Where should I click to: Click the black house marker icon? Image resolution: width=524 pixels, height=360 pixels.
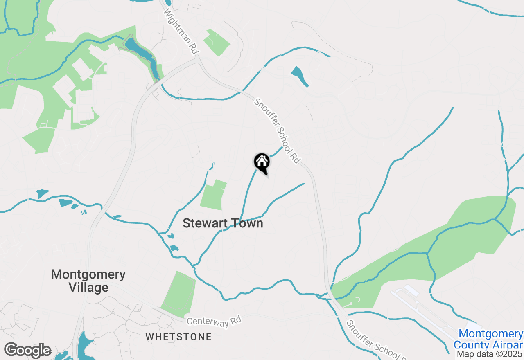262,162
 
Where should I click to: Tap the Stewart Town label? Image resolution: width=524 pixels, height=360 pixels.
223,223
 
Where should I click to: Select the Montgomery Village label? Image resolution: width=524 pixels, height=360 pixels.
88,281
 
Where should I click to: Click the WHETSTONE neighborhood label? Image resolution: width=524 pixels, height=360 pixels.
179,337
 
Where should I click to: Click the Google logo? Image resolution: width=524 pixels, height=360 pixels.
27,351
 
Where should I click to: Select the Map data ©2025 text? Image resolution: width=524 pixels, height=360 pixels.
490,354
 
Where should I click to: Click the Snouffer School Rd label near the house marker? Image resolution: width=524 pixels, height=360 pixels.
277,131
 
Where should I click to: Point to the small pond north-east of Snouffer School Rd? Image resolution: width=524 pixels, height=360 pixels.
300,76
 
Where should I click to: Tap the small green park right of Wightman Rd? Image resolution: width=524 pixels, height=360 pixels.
217,43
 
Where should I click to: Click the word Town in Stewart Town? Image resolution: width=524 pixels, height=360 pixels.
246,223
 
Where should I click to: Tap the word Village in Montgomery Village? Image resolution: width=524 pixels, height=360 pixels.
88,288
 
